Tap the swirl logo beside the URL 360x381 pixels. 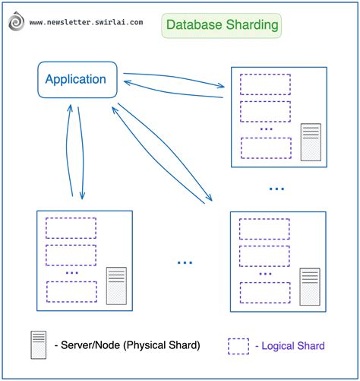click(x=16, y=23)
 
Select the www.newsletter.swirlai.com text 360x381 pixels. click(x=86, y=23)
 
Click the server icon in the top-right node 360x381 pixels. click(x=311, y=141)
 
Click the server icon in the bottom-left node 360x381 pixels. click(x=116, y=285)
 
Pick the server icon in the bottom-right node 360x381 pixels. click(x=310, y=286)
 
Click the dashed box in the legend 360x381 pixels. click(x=238, y=346)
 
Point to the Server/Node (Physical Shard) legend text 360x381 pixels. click(x=128, y=345)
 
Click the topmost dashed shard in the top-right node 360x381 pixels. click(x=264, y=84)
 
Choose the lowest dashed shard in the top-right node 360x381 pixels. click(x=264, y=147)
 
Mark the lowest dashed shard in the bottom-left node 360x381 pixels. click(x=71, y=291)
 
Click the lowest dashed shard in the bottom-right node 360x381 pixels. click(x=264, y=291)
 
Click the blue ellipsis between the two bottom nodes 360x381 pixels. click(x=185, y=262)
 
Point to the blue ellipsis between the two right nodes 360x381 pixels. click(x=276, y=188)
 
